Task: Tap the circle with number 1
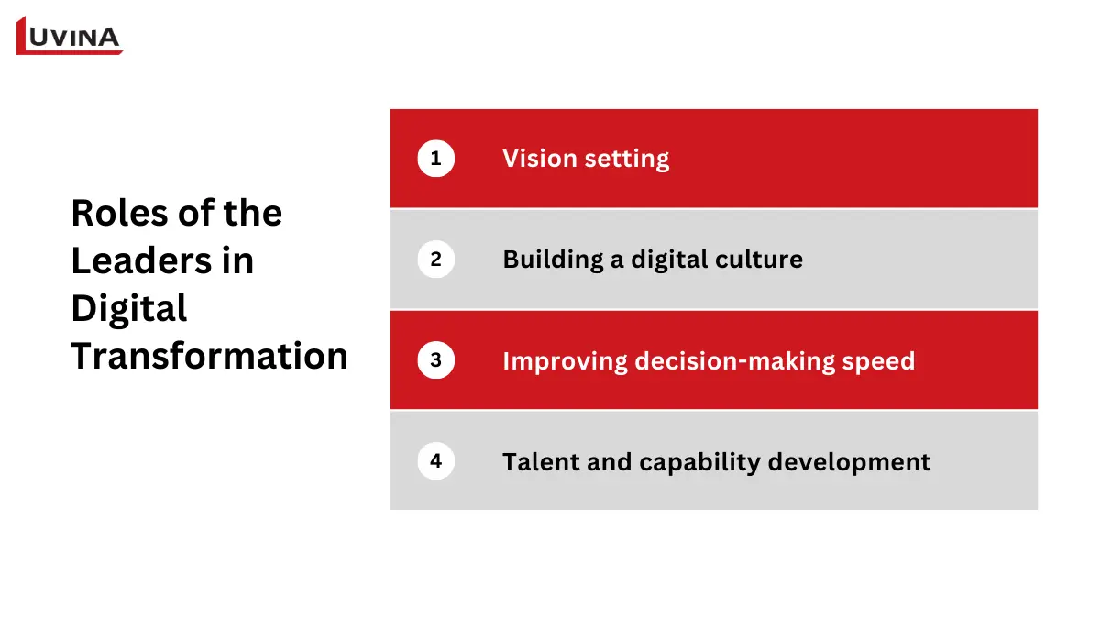(x=435, y=159)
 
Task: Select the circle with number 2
(x=435, y=260)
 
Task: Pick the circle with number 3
(x=435, y=360)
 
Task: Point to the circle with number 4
(x=435, y=460)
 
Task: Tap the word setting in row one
(x=628, y=160)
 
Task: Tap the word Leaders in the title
(x=132, y=261)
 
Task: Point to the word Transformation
(x=209, y=356)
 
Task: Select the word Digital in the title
(x=128, y=309)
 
